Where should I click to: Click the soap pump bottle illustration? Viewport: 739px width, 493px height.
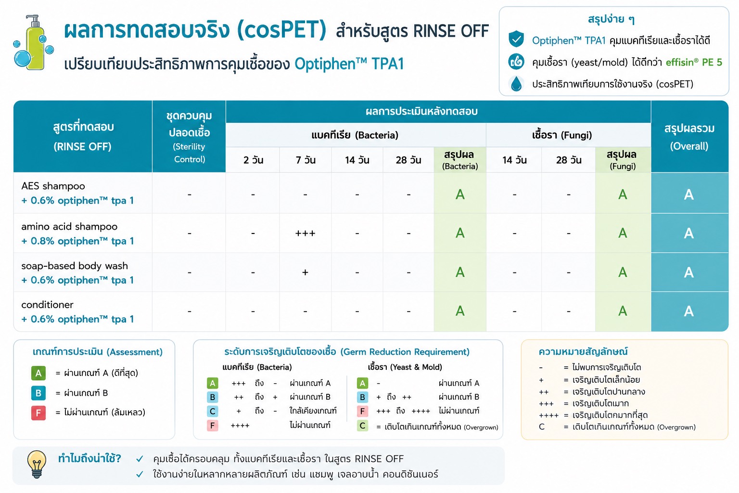pos(34,42)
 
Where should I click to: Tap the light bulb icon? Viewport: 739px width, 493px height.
pos(37,465)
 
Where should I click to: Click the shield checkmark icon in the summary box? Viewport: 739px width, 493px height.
pos(516,39)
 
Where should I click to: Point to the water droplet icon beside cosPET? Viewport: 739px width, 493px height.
pos(516,84)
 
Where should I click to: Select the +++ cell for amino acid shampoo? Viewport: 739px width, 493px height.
pos(305,234)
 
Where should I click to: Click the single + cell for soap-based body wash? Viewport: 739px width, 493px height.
pos(305,272)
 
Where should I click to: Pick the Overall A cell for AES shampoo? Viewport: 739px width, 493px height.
pos(689,195)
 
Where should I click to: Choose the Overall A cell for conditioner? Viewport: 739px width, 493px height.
pos(689,311)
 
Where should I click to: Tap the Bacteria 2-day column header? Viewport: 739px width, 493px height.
pos(253,160)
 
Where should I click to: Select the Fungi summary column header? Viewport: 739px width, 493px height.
pos(622,160)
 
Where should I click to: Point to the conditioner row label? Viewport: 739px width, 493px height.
pos(48,304)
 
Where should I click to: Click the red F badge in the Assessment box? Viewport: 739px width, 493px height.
pos(38,413)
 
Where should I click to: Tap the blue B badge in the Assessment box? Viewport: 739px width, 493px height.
pos(38,393)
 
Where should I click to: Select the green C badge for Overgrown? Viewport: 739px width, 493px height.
pos(362,426)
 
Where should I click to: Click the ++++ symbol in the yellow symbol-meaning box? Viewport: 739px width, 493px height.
pos(548,415)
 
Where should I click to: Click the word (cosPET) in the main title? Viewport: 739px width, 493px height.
pos(281,30)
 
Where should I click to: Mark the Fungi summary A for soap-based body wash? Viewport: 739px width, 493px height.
pos(623,272)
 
